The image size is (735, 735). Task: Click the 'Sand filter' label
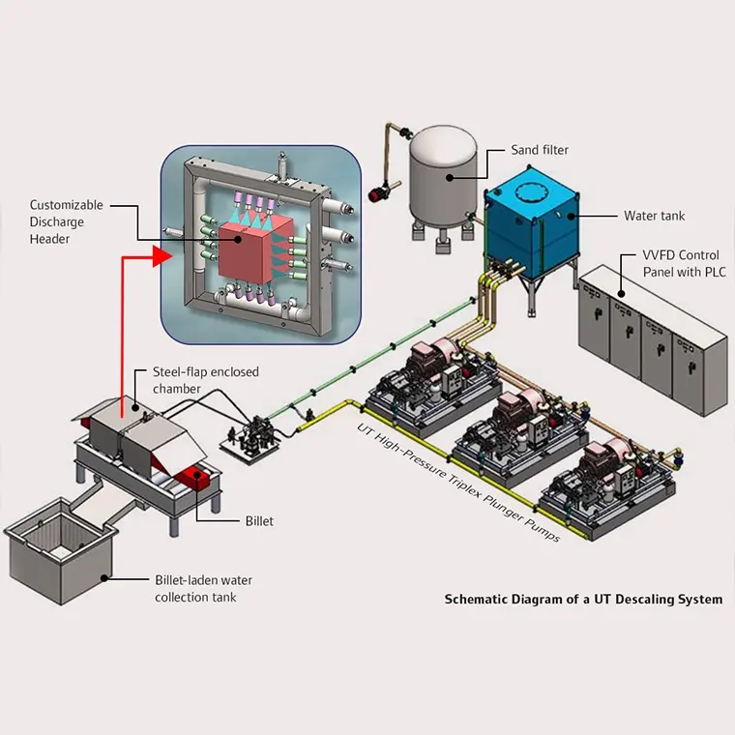pos(540,150)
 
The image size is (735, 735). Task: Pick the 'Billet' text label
pos(258,521)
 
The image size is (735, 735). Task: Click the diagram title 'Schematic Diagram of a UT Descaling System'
pos(583,600)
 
